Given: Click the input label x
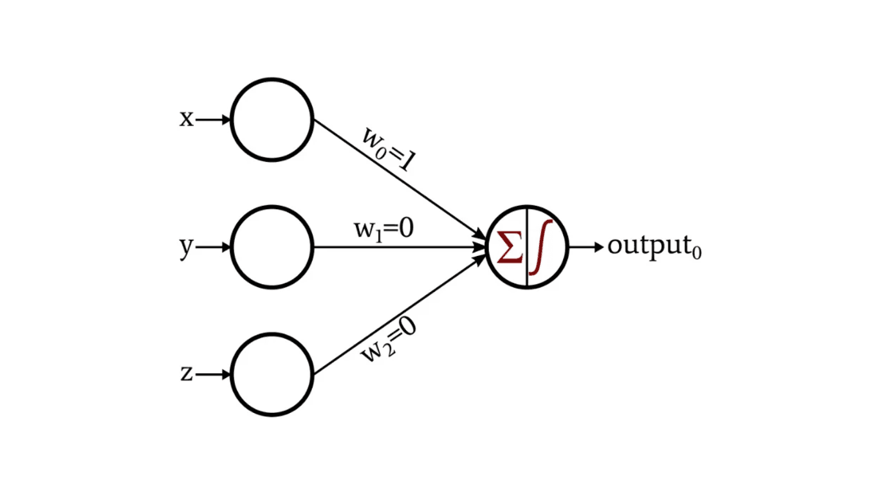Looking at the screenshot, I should pos(186,120).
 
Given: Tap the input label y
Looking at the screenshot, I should pos(186,248).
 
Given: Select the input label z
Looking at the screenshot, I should pos(186,374).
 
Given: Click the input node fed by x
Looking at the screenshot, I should pos(272,120).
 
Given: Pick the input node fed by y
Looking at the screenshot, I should pos(272,247).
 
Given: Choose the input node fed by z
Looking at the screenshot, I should pos(272,374).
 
